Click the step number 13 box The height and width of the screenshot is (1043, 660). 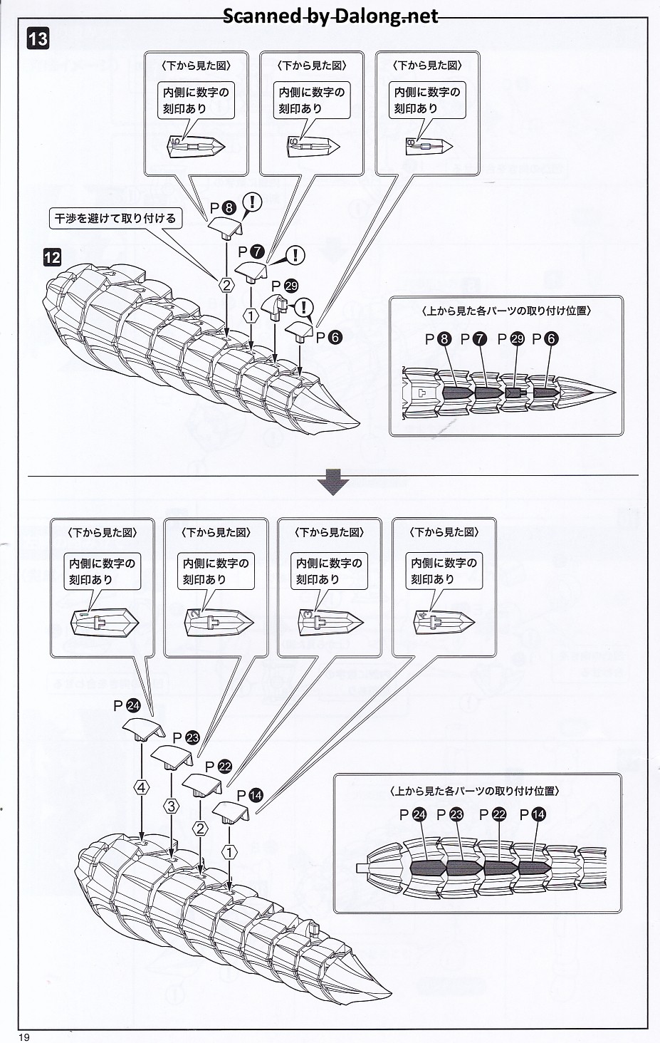(x=38, y=38)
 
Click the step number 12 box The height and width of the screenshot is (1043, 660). (x=52, y=256)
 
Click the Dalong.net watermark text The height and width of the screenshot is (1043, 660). (x=330, y=16)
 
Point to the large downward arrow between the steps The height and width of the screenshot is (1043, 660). (x=332, y=482)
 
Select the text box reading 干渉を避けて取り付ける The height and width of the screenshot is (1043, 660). (x=115, y=218)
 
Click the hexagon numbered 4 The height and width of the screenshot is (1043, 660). (x=142, y=787)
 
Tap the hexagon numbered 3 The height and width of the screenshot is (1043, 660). (x=172, y=806)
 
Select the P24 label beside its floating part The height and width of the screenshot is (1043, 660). (x=127, y=705)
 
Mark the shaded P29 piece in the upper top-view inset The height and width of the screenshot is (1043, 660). (x=514, y=393)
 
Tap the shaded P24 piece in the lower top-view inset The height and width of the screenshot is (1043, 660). (x=428, y=867)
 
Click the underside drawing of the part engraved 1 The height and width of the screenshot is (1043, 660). (x=104, y=623)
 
